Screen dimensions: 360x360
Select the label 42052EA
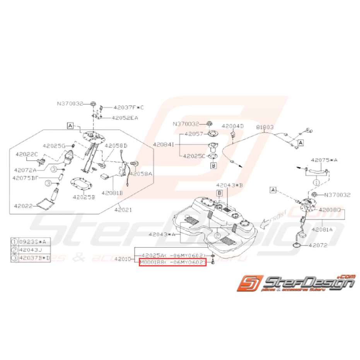coord(125,118)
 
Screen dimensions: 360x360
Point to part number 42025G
coord(54,146)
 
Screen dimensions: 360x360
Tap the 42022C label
coord(27,154)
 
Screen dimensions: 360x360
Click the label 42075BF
coord(26,178)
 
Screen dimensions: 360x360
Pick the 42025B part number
coord(83,196)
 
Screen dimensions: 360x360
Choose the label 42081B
coord(112,192)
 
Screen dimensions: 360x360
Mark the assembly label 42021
coord(123,210)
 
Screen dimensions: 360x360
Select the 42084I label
coord(163,144)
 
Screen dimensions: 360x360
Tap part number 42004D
coord(233,126)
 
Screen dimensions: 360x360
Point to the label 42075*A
coord(324,159)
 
